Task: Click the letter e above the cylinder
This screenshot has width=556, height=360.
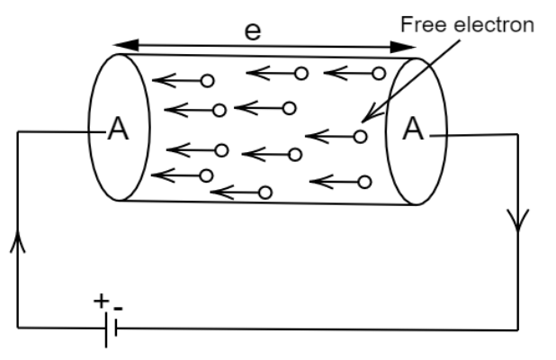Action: [x=253, y=31]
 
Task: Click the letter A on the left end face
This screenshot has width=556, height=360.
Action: [x=117, y=130]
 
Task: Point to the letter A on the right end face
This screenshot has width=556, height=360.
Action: [x=413, y=130]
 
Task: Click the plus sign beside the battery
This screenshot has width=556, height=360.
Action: [x=100, y=301]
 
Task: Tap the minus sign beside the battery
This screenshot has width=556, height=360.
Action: [x=119, y=308]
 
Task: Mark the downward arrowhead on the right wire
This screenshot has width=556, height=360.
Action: [x=518, y=220]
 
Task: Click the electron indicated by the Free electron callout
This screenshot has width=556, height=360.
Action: [x=360, y=137]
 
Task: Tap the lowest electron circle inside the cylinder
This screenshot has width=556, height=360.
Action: [x=265, y=192]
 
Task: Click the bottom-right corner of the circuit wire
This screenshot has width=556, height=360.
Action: [x=518, y=328]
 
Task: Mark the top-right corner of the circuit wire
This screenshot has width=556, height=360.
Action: [x=518, y=135]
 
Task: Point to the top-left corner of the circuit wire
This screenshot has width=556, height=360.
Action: [x=18, y=132]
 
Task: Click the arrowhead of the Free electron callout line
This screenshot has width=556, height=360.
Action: [x=363, y=119]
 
